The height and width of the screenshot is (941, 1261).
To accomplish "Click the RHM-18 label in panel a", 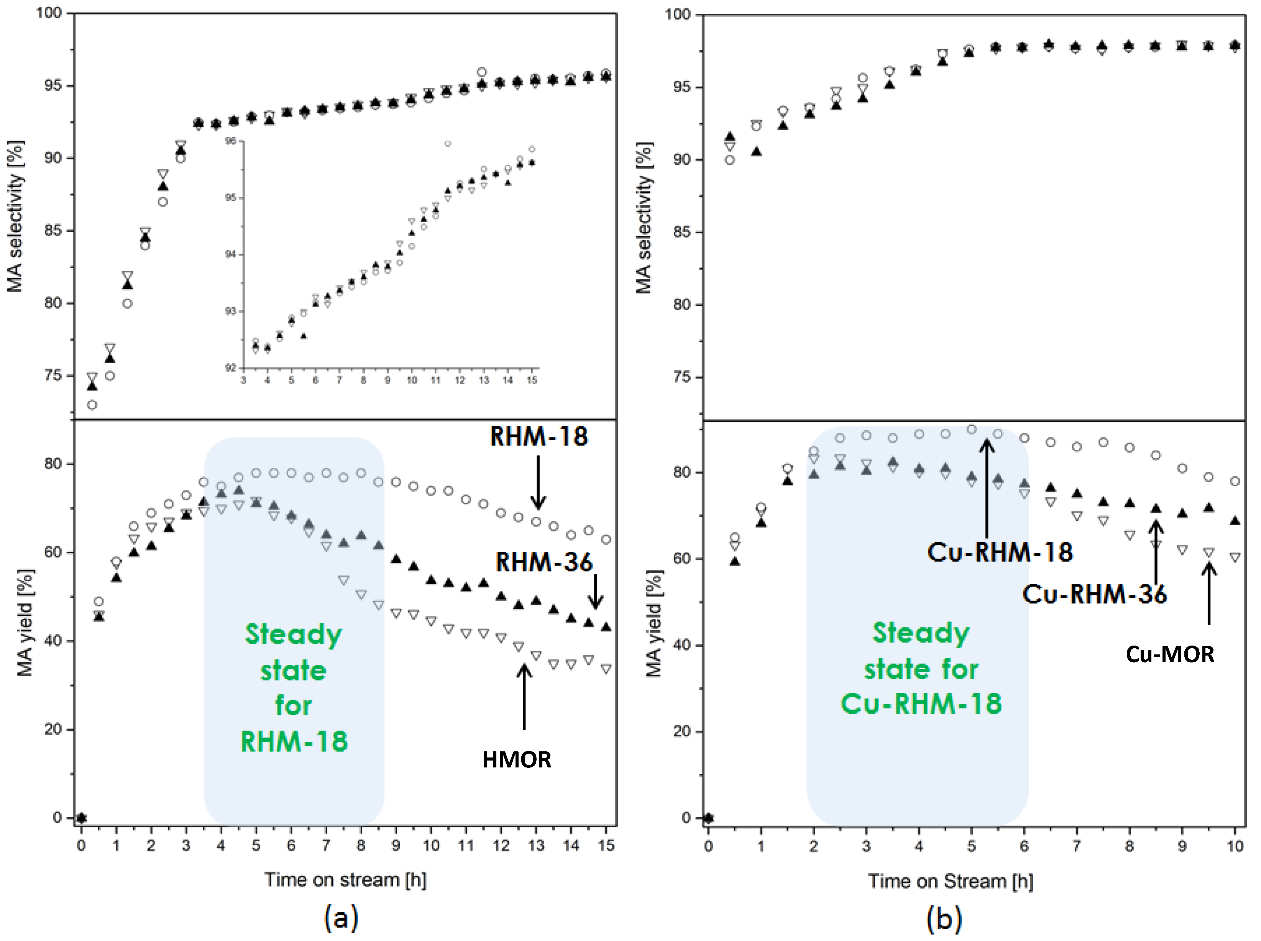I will coord(539,437).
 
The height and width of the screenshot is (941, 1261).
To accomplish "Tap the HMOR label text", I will coord(516,760).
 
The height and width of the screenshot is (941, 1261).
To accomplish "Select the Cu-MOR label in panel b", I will coord(1169,654).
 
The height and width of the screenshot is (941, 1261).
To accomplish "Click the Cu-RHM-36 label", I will coord(1094,594).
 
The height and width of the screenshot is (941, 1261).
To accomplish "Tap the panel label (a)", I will coord(341,918).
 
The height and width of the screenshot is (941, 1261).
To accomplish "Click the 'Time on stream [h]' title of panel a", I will coord(345,879).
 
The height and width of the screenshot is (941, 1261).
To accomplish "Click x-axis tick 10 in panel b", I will coord(1234,846).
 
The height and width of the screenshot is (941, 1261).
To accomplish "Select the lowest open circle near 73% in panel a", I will coord(92,405).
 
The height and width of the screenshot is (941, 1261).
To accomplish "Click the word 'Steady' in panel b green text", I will coord(921,633).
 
